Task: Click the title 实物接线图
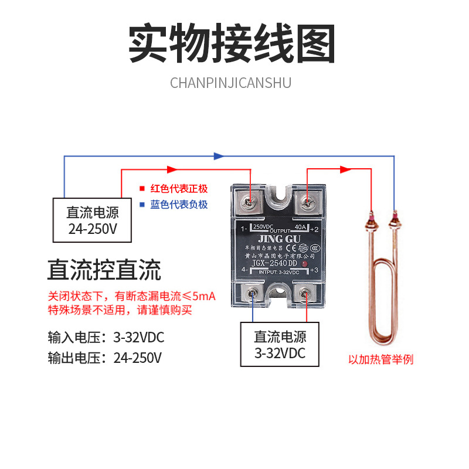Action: (232, 44)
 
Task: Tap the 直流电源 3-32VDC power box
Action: (280, 345)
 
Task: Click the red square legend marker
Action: (141, 189)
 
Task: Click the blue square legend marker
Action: (141, 205)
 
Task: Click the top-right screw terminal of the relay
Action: (305, 203)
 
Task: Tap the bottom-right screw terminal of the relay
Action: (305, 291)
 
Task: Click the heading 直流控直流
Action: (104, 271)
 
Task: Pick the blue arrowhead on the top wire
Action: (219, 156)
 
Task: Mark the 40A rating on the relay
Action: (300, 226)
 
